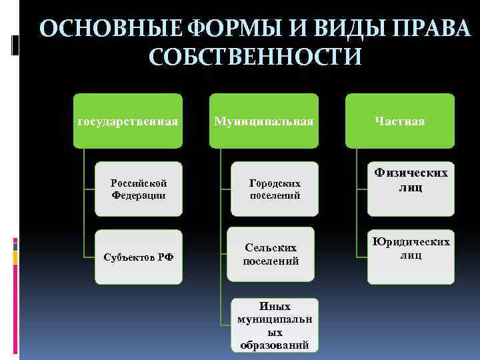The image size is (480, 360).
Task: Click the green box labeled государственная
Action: [x=127, y=121]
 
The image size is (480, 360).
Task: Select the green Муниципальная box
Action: [x=264, y=121]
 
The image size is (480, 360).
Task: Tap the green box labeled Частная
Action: [x=399, y=121]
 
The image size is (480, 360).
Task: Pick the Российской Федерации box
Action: [x=139, y=189]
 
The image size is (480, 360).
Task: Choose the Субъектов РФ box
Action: [x=139, y=257]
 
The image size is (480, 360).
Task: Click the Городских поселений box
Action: [x=275, y=189]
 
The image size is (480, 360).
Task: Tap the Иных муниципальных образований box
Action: [x=275, y=325]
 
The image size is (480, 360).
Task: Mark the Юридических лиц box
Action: [x=411, y=248]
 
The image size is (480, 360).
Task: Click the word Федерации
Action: [x=139, y=195]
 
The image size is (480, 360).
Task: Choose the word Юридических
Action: [x=411, y=241]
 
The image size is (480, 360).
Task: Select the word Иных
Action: [x=275, y=307]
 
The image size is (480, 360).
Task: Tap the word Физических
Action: [x=411, y=173]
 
